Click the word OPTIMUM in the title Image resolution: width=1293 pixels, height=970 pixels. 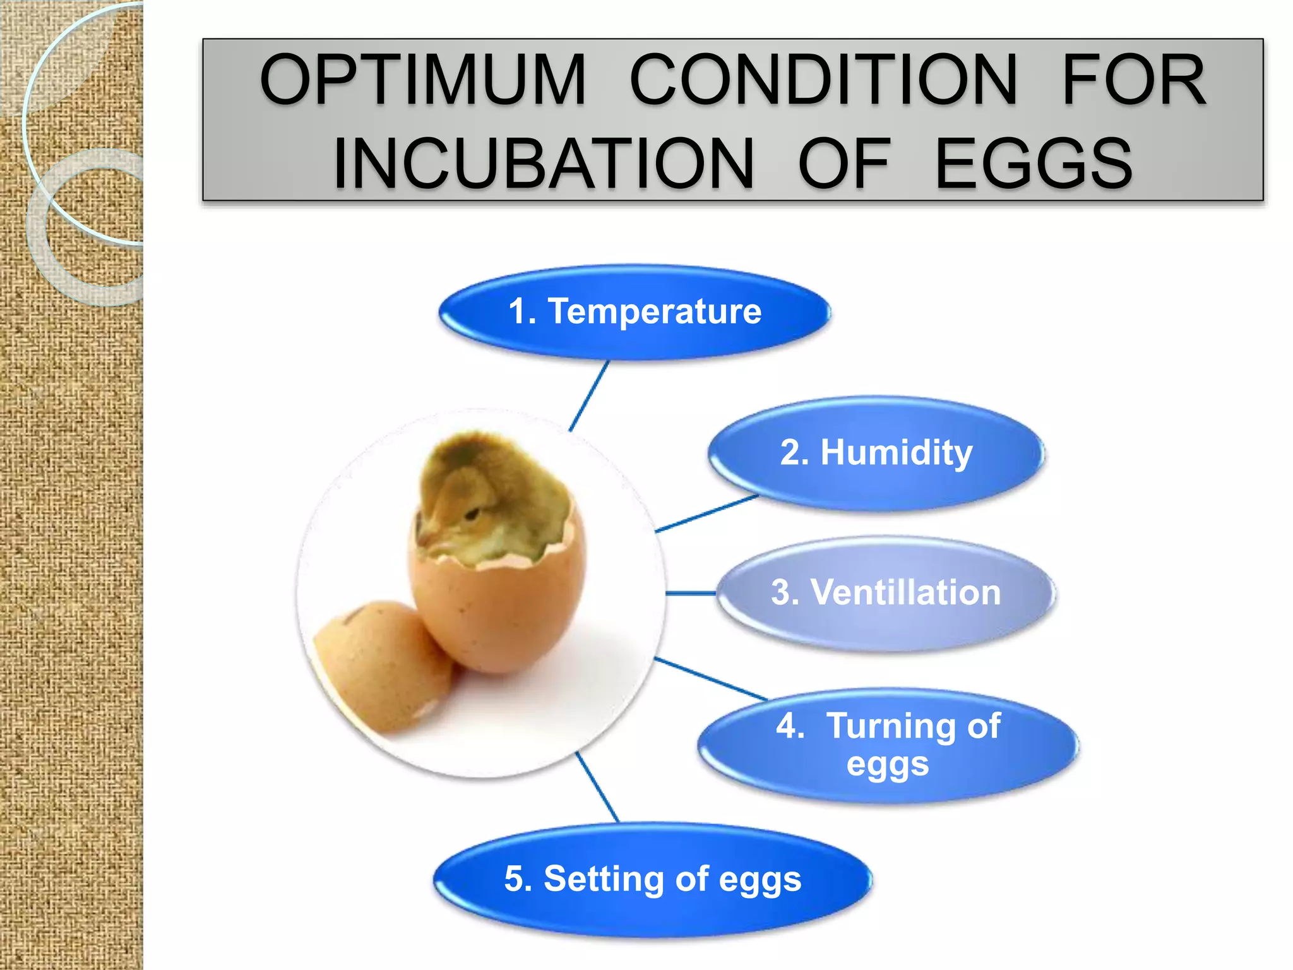423,80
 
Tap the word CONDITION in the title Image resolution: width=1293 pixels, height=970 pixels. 823,80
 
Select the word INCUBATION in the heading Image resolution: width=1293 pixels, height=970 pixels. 543,164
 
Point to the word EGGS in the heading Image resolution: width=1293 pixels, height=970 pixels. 1034,164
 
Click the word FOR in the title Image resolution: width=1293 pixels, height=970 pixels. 1134,80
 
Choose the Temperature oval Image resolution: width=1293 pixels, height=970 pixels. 635,312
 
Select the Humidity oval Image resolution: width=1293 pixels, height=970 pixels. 876,453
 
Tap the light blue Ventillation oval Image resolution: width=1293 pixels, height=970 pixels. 885,593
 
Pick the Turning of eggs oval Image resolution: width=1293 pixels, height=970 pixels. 887,745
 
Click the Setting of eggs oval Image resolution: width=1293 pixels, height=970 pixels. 652,879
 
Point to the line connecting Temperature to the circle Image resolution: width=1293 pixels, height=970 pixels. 589,396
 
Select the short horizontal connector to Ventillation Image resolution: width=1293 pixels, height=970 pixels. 691,593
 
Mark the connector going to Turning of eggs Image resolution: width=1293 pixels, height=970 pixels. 710,678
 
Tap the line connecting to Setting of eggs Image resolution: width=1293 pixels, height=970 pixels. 597,787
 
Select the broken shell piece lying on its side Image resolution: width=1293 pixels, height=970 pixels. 379,663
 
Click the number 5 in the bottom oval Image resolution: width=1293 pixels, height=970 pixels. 515,879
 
